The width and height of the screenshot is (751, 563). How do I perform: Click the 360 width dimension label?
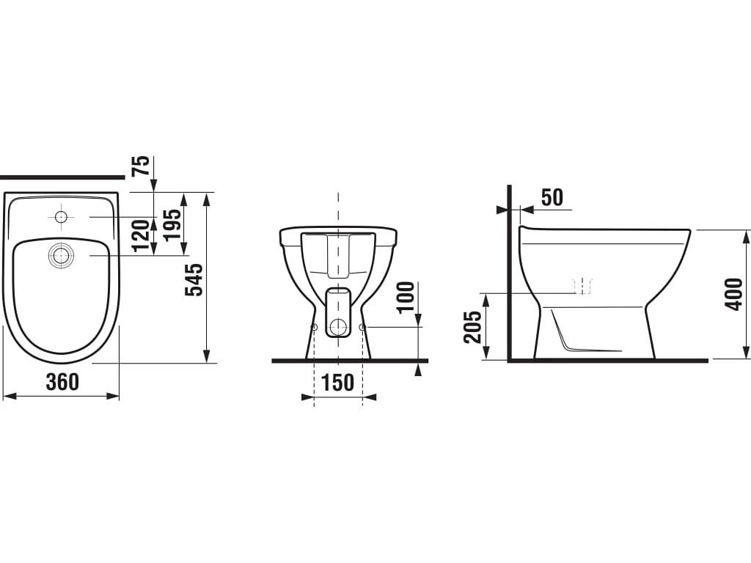pos(62,381)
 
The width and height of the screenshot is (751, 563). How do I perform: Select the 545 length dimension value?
pos(194,279)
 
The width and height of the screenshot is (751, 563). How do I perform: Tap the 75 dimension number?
pos(143,166)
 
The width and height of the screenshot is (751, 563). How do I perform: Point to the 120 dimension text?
pos(142,235)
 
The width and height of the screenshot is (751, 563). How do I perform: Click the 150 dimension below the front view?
pos(337,382)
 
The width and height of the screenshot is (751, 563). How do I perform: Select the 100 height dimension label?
pos(406,297)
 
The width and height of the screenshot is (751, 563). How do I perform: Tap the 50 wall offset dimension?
pos(552,197)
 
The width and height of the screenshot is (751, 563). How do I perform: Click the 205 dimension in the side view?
pos(473,327)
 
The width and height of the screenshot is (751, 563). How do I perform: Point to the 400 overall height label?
pos(734,294)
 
